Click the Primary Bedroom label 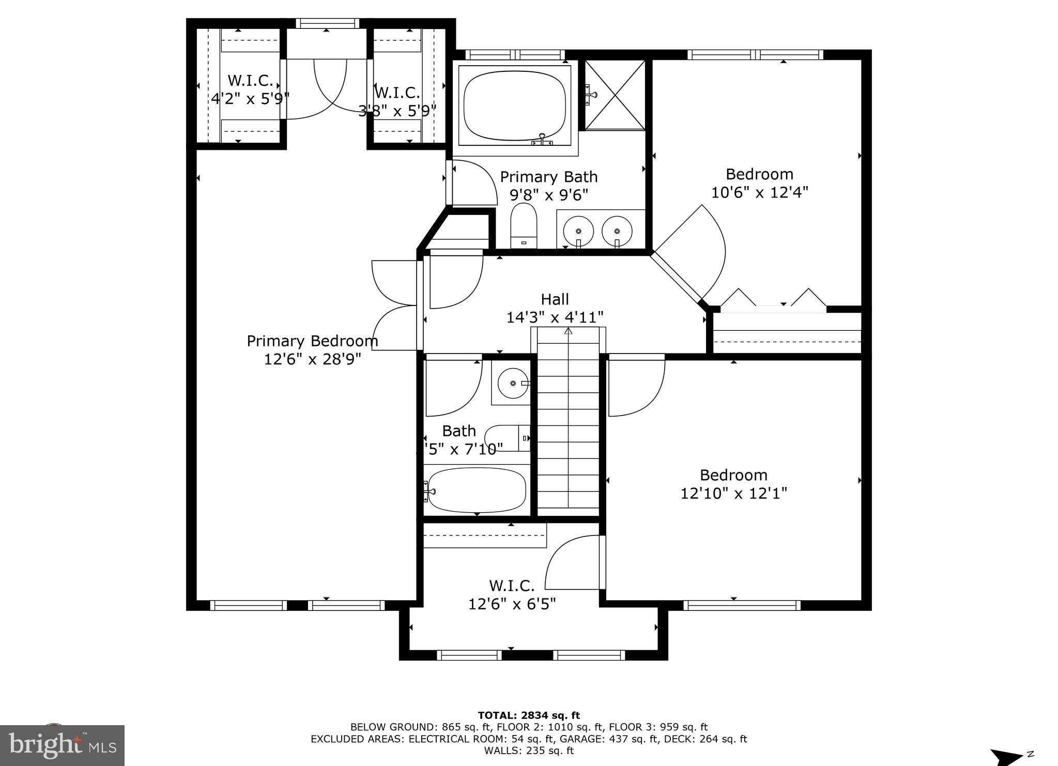click(x=312, y=341)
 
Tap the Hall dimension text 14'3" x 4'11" click(x=555, y=317)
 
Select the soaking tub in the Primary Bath click(x=514, y=106)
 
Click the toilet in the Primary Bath click(x=524, y=226)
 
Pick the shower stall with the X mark click(x=615, y=95)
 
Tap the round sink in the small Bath click(x=512, y=383)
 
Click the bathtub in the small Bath click(x=477, y=489)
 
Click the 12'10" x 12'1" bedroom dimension click(x=733, y=493)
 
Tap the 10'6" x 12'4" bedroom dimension click(x=759, y=192)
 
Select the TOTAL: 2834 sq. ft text click(x=529, y=715)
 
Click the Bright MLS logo click(x=62, y=745)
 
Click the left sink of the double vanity click(x=578, y=231)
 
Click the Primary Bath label click(x=548, y=177)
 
